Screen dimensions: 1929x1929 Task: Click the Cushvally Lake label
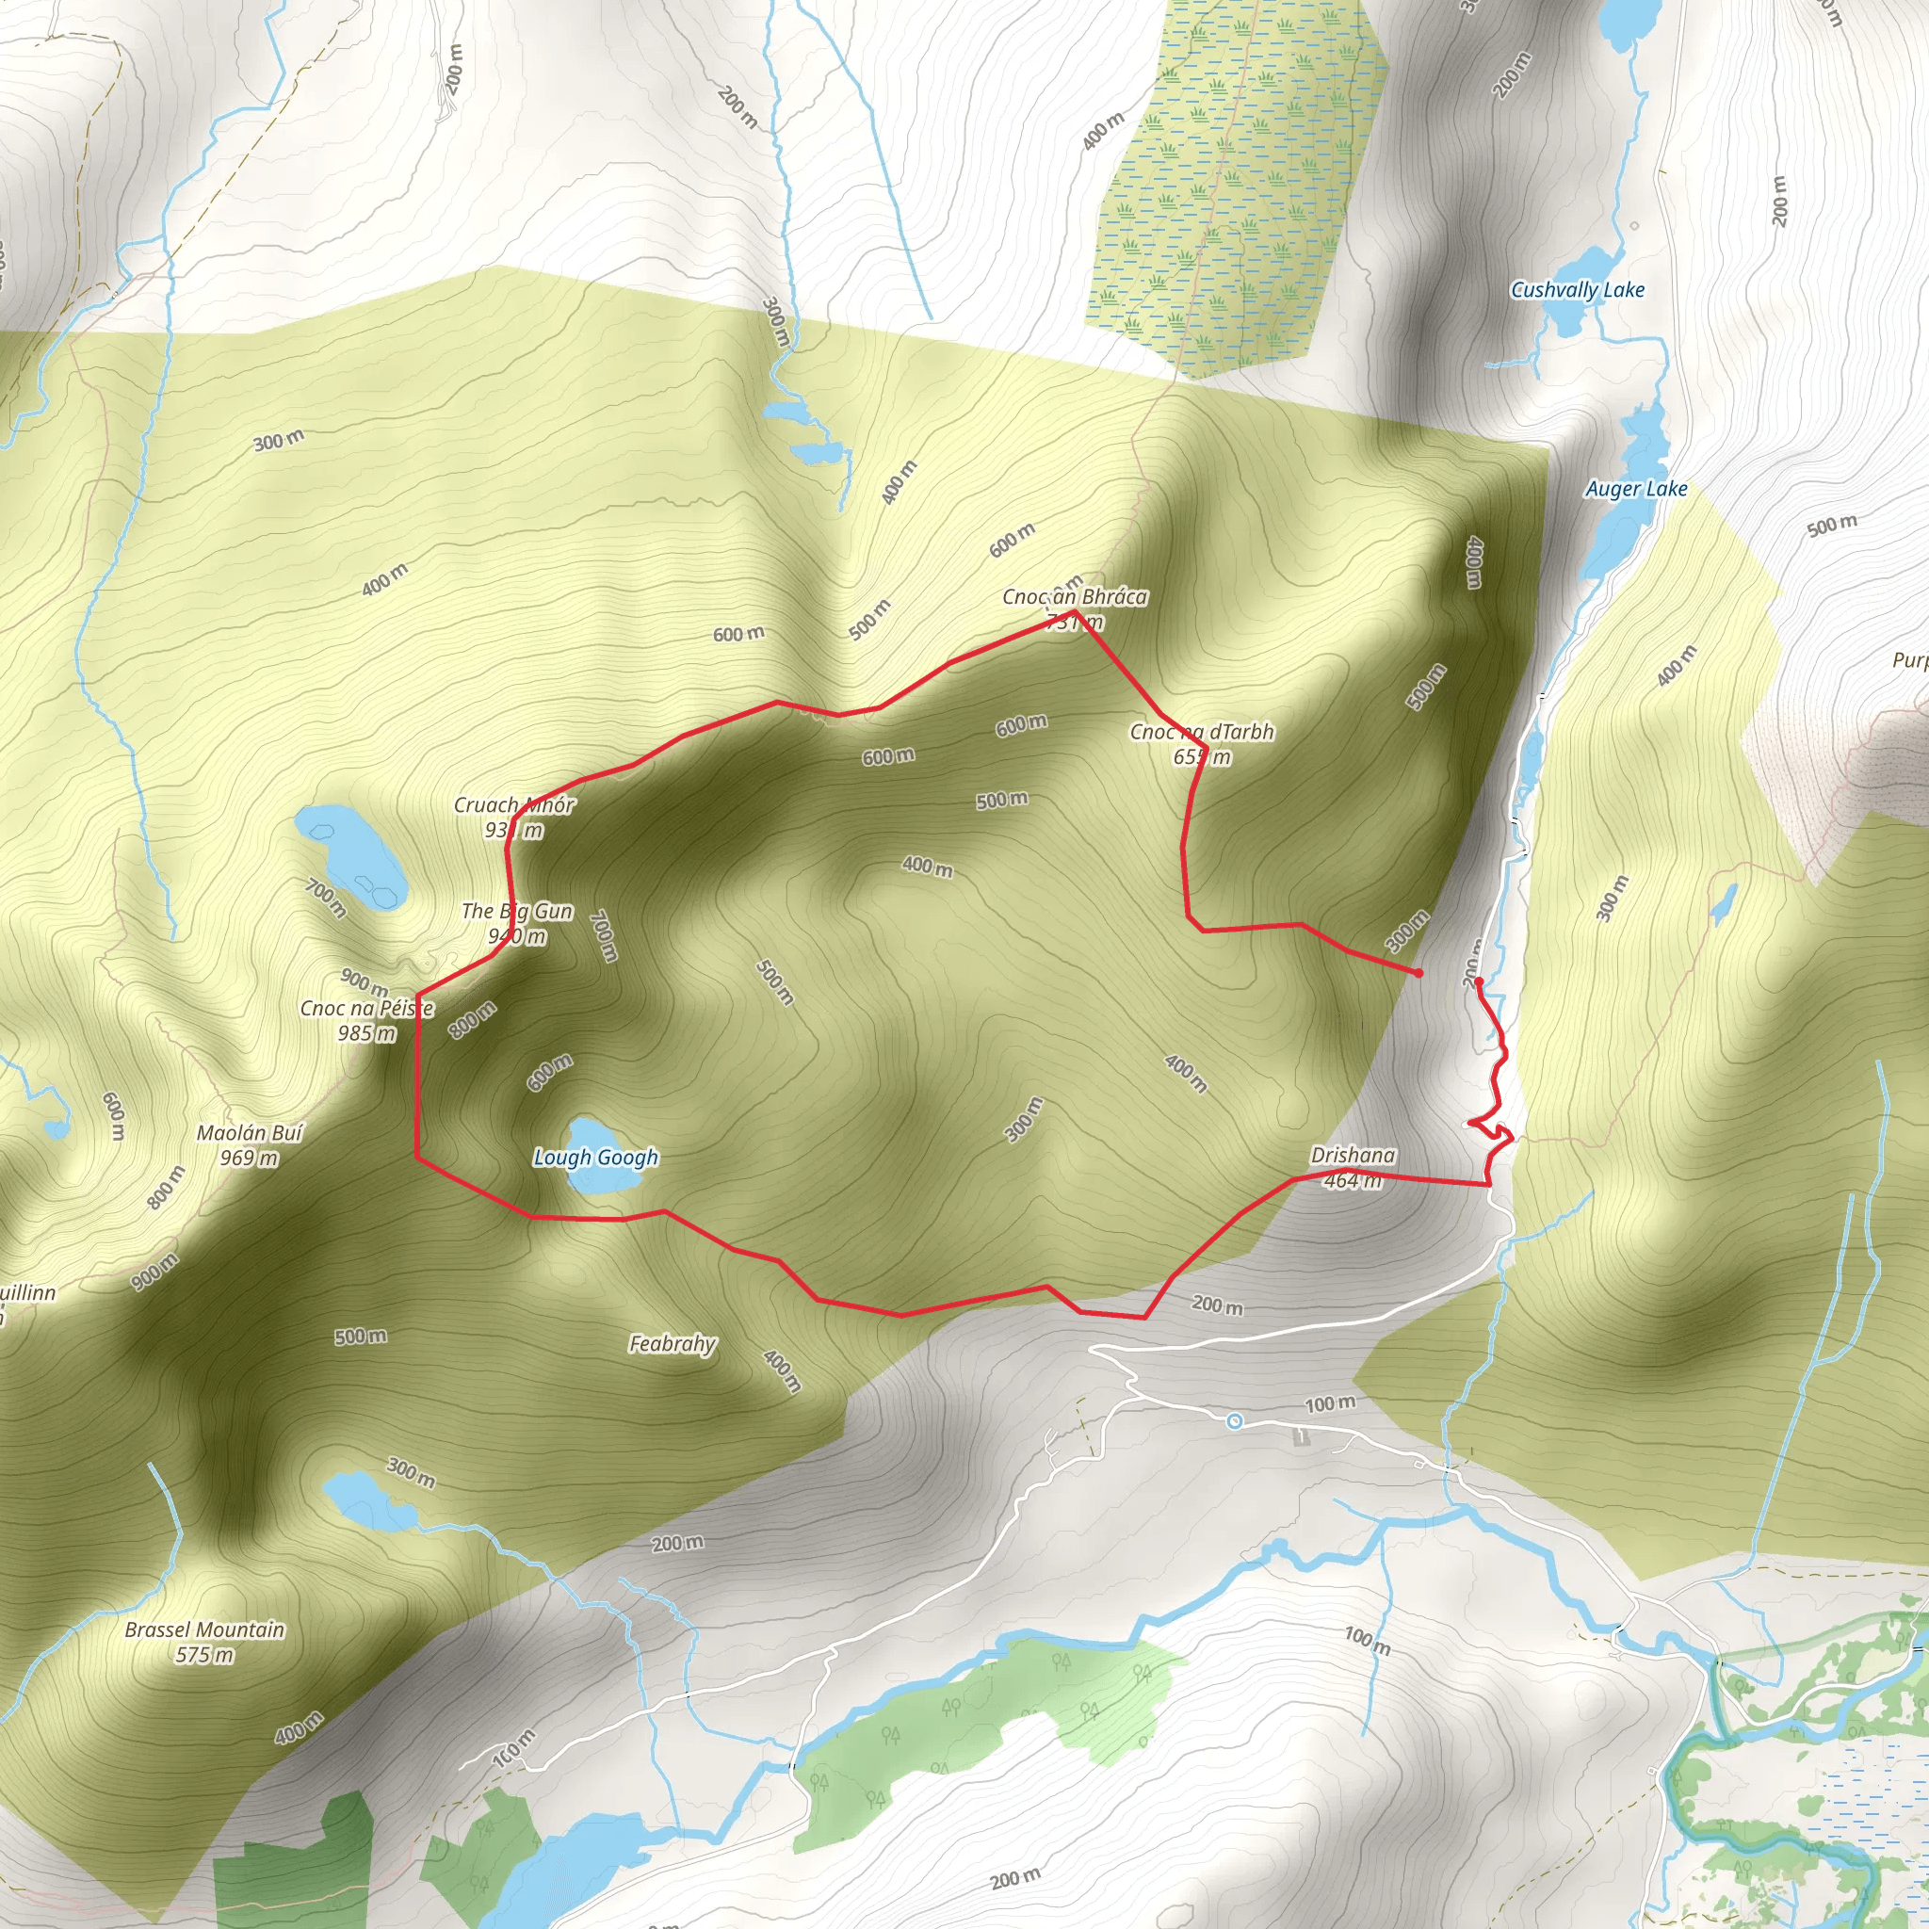(1577, 290)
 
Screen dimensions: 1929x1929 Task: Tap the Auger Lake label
(1636, 489)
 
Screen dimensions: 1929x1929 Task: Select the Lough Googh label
(596, 1158)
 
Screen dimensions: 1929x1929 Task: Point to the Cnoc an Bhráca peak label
(1075, 597)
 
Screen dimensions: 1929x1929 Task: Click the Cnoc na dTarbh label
(1202, 732)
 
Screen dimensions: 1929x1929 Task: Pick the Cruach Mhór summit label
(514, 804)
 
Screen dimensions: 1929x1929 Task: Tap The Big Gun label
(517, 911)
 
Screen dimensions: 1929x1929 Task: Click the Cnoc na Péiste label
(367, 1009)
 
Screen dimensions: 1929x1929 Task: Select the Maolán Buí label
(250, 1132)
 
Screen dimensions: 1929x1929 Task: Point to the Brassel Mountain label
(204, 1629)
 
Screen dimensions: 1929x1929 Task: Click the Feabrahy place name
(672, 1344)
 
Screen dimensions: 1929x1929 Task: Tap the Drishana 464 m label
(1353, 1167)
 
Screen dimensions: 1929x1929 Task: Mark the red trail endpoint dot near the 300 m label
(1418, 972)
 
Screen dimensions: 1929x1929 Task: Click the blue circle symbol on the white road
(1234, 1420)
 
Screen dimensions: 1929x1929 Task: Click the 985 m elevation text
(366, 1033)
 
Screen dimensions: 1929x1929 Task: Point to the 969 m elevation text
(250, 1158)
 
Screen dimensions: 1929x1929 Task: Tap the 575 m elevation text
(204, 1654)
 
